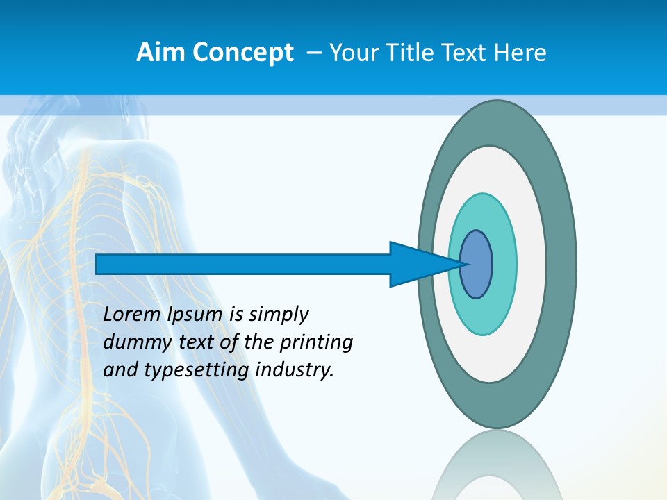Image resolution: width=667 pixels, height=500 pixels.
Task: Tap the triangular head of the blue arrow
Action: click(417, 264)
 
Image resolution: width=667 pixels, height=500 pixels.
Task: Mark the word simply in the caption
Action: click(278, 315)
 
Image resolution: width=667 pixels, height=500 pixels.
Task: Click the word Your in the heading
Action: click(351, 53)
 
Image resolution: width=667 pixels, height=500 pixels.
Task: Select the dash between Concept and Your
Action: click(313, 53)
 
